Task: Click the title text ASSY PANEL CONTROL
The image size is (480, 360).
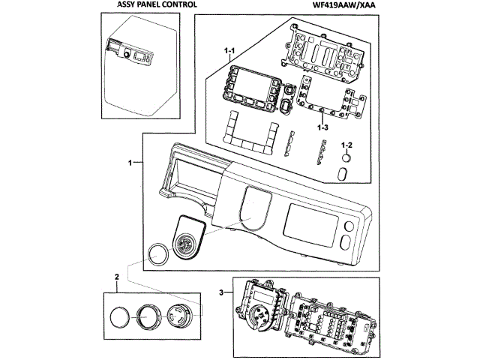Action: coord(157,4)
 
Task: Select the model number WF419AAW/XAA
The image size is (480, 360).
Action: coord(343,5)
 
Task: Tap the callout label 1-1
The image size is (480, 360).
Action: coord(229,51)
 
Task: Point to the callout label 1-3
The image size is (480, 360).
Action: coord(322,127)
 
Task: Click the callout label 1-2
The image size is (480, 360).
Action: coord(346,145)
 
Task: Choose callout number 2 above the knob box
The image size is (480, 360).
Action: coord(117,277)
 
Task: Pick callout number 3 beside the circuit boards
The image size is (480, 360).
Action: coord(221,292)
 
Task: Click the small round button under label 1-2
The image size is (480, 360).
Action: coord(346,158)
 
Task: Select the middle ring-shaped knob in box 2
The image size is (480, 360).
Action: coord(145,317)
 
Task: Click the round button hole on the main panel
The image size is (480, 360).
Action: coord(349,226)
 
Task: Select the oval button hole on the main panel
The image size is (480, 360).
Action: coord(346,241)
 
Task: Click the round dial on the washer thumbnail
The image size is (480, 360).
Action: coord(126,55)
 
